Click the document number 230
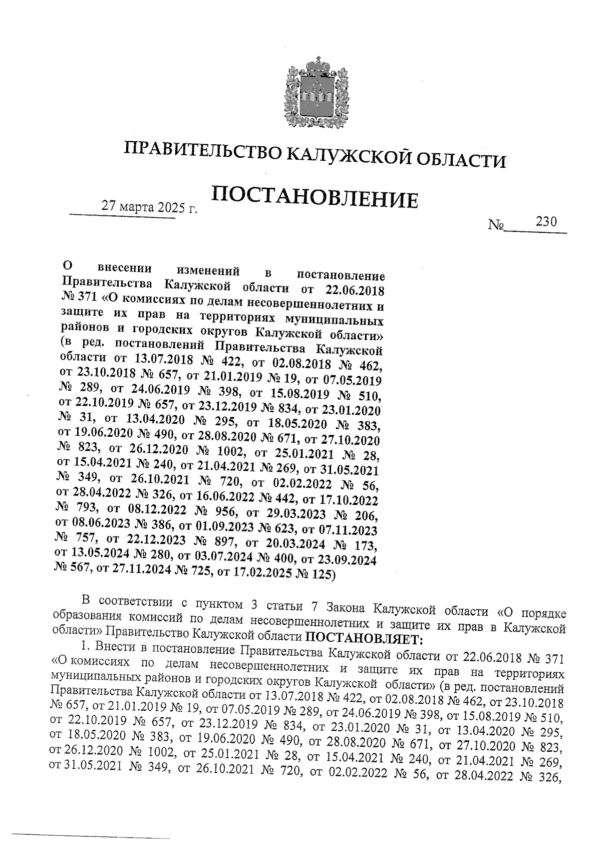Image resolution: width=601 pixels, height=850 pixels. (546, 221)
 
